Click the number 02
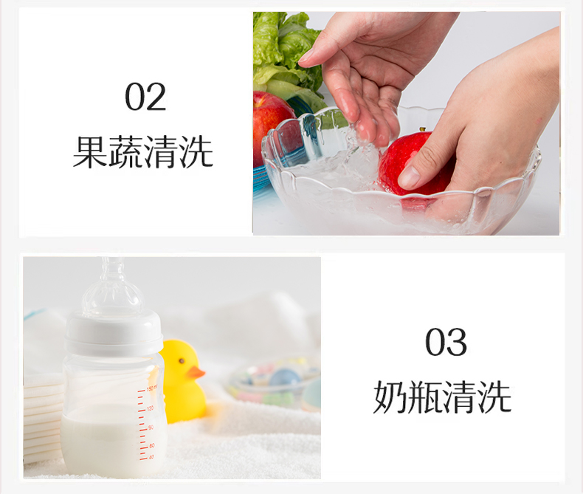145,97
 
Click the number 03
446,342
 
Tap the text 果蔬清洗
142,152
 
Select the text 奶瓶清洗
443,397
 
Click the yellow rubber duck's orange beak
196,372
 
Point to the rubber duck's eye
182,361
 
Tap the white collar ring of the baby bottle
114,333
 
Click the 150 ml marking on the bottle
150,388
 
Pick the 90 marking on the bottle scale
151,428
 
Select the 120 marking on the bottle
151,408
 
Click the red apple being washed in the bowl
413,164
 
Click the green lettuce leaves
284,56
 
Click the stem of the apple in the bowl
422,129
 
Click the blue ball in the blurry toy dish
285,377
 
